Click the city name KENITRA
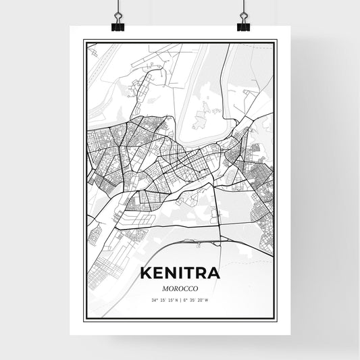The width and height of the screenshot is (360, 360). (x=180, y=274)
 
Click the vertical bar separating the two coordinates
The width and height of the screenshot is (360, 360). (x=180, y=300)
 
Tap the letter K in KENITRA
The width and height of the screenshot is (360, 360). (x=145, y=274)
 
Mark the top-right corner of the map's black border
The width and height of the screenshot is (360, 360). (x=277, y=41)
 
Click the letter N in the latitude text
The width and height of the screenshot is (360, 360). (x=174, y=300)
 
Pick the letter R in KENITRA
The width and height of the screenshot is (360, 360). (x=200, y=274)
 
